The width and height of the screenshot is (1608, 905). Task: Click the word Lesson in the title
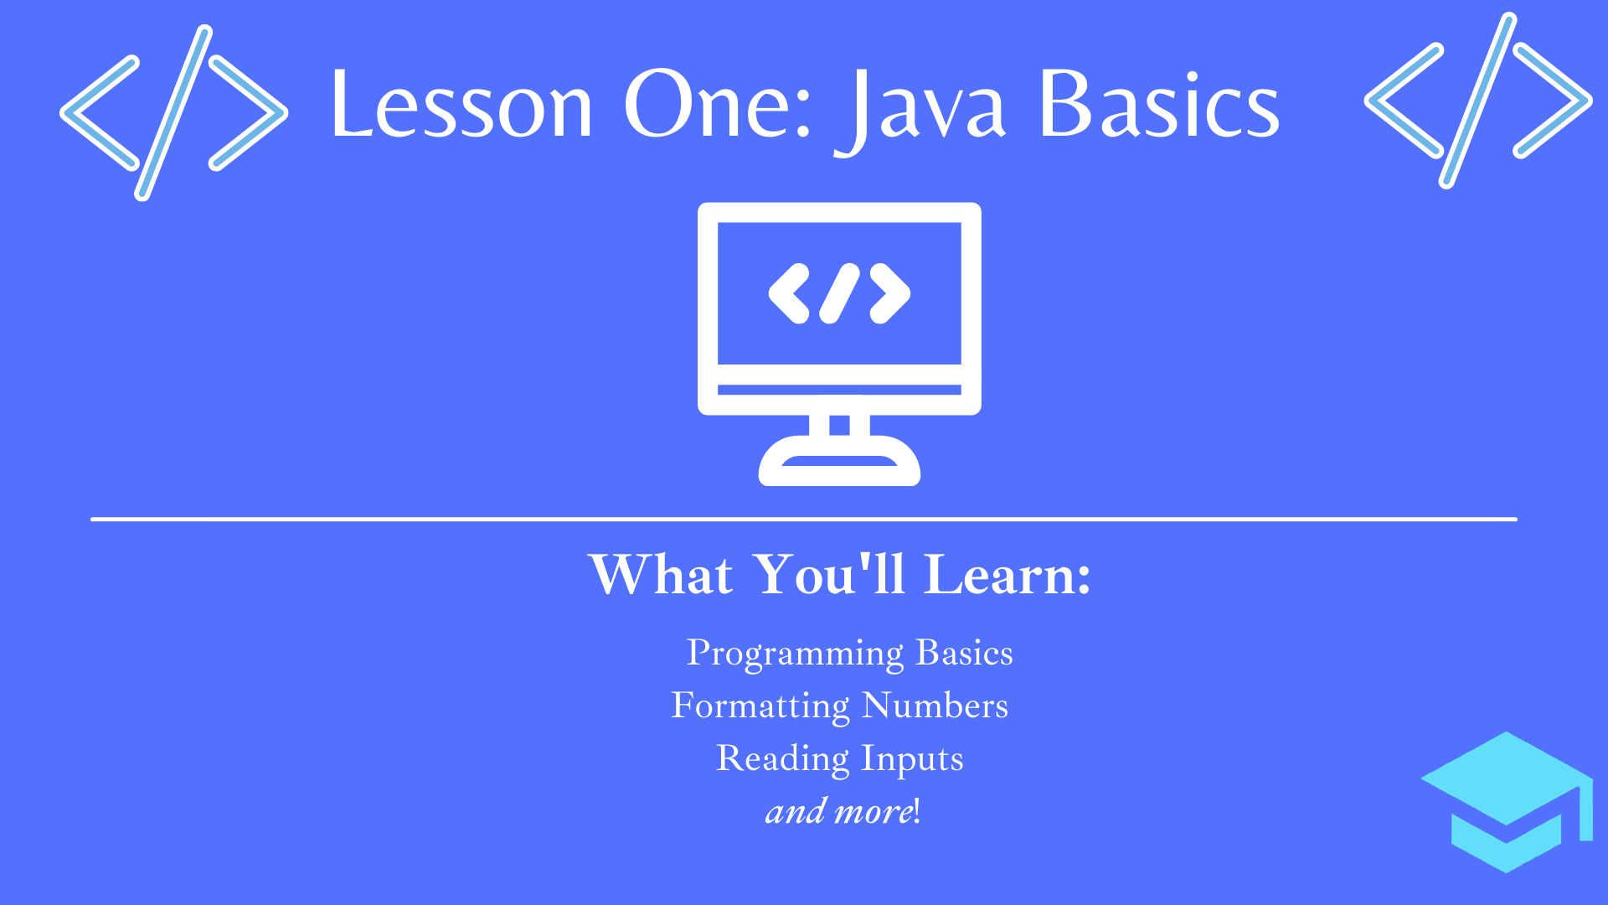[462, 104]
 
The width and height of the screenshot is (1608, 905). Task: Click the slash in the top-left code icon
[174, 113]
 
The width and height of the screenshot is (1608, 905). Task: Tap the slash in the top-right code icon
[1478, 101]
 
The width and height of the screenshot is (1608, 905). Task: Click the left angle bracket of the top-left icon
[100, 113]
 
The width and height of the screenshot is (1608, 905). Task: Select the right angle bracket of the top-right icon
[1553, 101]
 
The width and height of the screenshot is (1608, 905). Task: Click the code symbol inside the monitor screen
[839, 293]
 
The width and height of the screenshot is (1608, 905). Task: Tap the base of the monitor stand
[839, 461]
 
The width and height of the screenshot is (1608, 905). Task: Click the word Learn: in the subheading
[1008, 575]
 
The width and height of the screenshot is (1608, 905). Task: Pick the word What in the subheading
[662, 575]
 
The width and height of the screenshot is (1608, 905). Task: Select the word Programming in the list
[795, 654]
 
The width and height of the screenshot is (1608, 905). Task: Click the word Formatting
[760, 706]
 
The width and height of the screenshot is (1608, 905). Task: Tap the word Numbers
[935, 706]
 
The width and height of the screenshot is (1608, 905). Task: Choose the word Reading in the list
[783, 759]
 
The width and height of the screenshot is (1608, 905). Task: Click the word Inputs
[913, 759]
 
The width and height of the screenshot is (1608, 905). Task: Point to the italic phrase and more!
[843, 811]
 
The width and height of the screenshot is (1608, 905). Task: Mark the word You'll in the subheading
[829, 575]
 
